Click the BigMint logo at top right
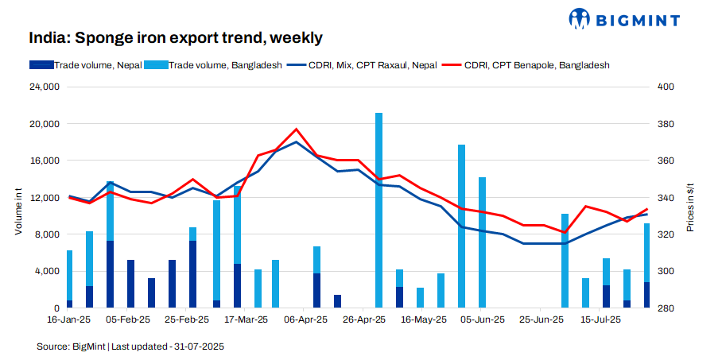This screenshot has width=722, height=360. click(641, 17)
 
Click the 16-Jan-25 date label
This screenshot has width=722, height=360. click(70, 319)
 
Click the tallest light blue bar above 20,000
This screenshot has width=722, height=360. click(378, 207)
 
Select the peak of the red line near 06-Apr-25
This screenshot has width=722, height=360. click(296, 129)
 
